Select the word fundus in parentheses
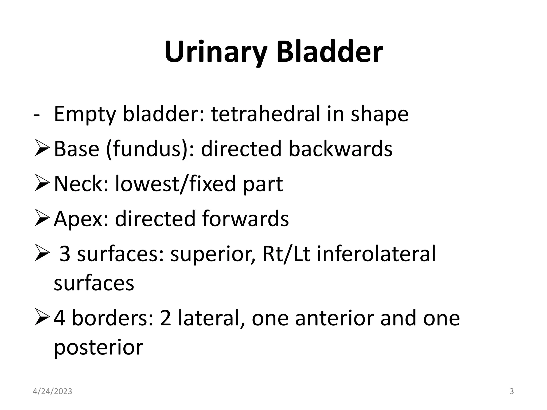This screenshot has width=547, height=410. pos(147,149)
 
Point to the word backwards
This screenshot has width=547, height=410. pos(340,149)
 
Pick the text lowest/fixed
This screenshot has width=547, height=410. pos(175,184)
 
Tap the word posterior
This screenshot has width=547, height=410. pos(99,348)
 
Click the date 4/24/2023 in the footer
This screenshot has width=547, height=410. pos(52,392)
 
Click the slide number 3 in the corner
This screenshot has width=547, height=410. pos(511,392)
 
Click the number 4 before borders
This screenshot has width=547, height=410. pos(59,318)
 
